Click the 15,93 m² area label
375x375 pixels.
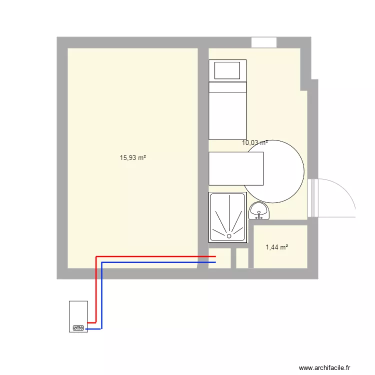tap(132, 158)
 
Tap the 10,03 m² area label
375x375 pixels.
tap(254, 142)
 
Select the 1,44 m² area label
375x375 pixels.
tap(277, 247)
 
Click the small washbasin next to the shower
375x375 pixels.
tap(259, 212)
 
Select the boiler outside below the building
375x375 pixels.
tap(78, 316)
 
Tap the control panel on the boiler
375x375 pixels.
tap(78, 328)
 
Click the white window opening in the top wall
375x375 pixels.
tap(264, 42)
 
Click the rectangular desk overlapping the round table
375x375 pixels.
tap(235, 168)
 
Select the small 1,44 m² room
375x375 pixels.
tap(280, 235)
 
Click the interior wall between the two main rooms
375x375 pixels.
tap(202, 150)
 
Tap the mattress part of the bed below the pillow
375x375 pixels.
tap(228, 112)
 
